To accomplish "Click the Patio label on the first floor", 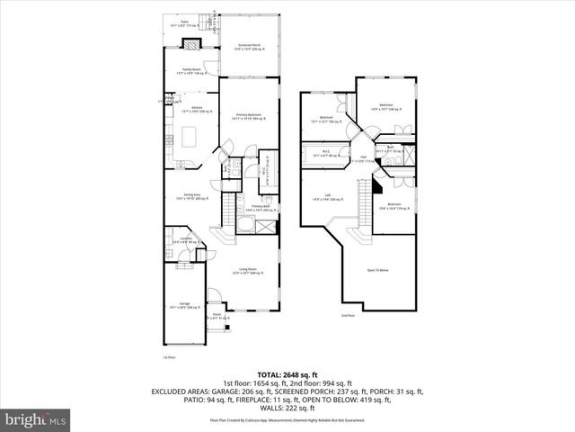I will (184, 22).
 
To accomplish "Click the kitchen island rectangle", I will (190, 137).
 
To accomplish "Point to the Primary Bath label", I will (261, 207).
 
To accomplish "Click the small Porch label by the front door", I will (217, 316).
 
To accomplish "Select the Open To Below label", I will (377, 269).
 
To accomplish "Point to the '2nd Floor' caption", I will (348, 315).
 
